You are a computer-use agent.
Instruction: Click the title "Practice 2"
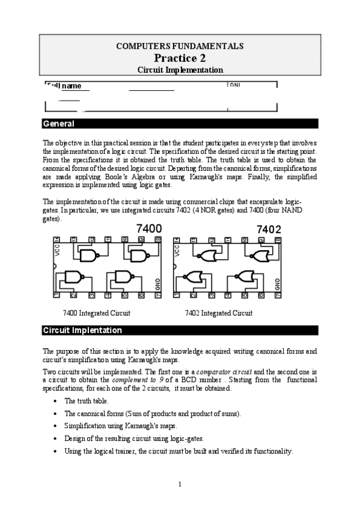pos(180,58)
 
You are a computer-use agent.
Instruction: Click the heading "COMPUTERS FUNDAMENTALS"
pos(180,46)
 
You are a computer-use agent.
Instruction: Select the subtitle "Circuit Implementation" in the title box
pos(180,70)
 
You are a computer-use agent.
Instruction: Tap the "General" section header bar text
pos(58,124)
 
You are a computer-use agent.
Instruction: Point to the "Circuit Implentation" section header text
pos(82,330)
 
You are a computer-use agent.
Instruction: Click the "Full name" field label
pos(64,86)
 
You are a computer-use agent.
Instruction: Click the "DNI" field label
pos(234,85)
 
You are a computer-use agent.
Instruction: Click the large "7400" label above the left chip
pos(149,229)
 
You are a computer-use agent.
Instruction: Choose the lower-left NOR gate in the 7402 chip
pos(194,278)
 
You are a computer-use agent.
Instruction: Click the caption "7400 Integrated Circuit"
pos(96,313)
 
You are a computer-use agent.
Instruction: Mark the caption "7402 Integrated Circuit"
pos(219,313)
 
